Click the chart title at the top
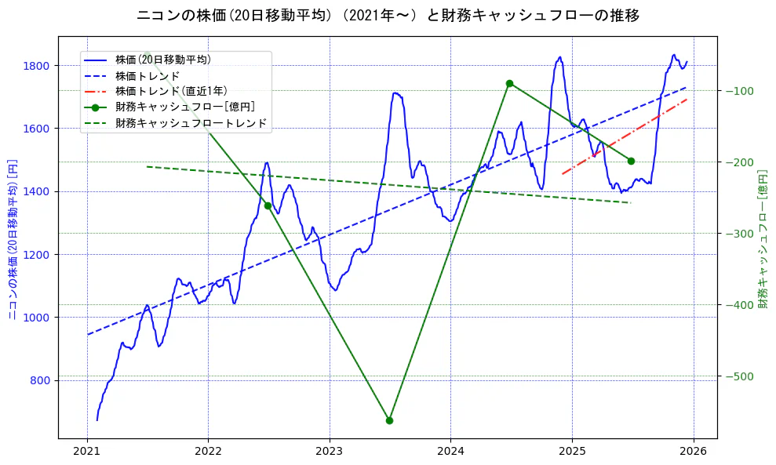388,16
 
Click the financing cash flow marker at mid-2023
389,420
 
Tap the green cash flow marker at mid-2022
268,205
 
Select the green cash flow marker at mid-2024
509,83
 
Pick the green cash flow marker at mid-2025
631,161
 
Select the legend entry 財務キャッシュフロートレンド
191,123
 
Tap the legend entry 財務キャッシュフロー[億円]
185,107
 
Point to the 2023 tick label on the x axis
330,452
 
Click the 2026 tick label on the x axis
694,452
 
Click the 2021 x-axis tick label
87,452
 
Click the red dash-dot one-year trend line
625,135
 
